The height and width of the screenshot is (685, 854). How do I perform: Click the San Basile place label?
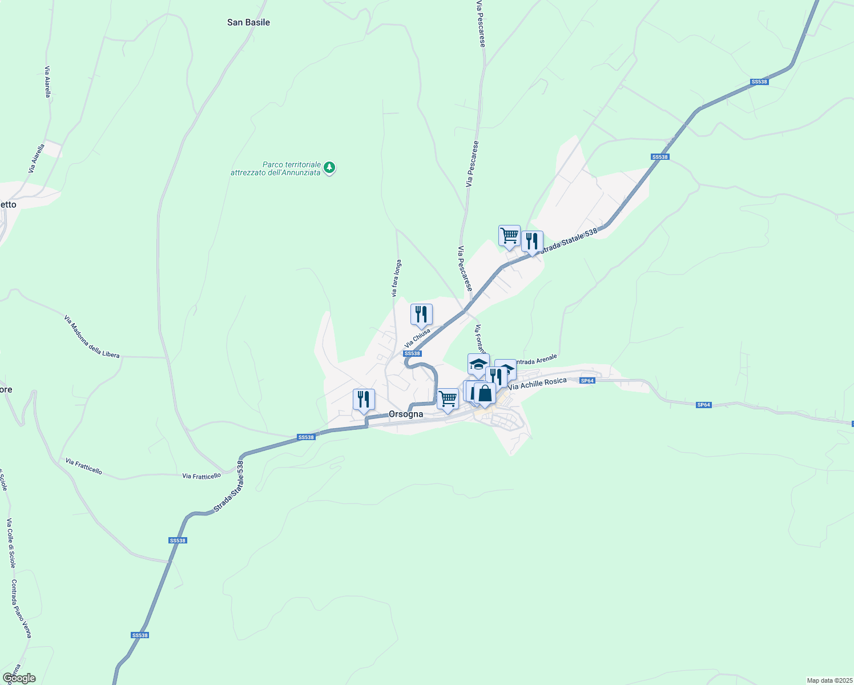(x=248, y=22)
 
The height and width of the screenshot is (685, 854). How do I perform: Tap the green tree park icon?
(x=329, y=168)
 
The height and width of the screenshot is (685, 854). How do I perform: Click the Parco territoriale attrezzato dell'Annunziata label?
(x=276, y=168)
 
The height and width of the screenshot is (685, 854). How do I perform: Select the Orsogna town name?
(x=406, y=414)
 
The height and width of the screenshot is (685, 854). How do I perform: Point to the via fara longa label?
(x=396, y=279)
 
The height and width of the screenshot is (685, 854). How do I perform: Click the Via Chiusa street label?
(x=417, y=338)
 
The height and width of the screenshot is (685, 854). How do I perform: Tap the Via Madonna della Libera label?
(x=92, y=337)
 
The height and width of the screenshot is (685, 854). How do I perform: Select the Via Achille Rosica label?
(x=537, y=384)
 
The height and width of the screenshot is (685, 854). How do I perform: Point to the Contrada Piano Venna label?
(x=21, y=609)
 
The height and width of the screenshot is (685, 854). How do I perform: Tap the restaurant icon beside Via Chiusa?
(x=421, y=315)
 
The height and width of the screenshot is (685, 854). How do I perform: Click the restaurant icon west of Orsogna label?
(x=364, y=400)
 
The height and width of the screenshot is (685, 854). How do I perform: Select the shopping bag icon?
(x=485, y=393)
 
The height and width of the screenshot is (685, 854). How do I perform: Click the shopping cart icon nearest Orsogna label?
(x=448, y=399)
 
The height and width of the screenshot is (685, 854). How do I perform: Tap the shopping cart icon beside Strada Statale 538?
(x=509, y=236)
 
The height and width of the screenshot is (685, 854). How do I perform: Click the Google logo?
(x=19, y=678)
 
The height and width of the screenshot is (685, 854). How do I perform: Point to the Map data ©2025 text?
(x=829, y=680)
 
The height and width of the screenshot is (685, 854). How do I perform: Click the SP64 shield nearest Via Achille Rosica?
(x=587, y=380)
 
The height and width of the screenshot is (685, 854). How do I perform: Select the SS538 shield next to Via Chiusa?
(x=412, y=353)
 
